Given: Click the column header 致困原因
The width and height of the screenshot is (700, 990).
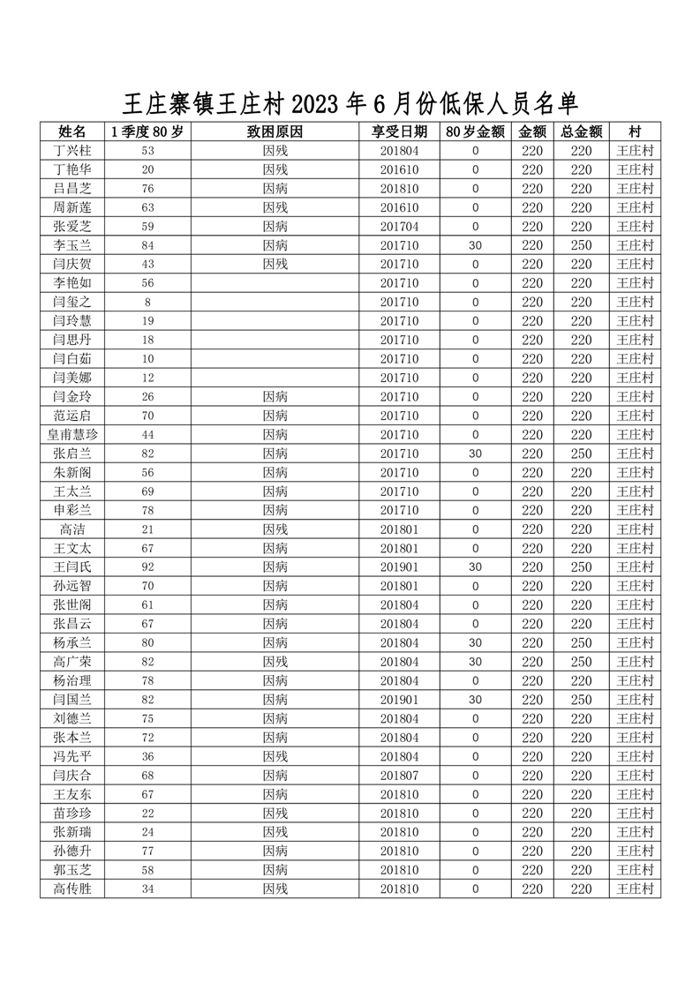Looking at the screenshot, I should [x=275, y=131].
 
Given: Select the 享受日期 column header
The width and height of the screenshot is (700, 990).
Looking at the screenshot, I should [x=399, y=131].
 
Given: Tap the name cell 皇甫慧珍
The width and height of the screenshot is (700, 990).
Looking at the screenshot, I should [x=72, y=434].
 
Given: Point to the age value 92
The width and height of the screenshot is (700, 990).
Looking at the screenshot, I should [x=147, y=566].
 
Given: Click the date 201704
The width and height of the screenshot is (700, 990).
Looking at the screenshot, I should [x=399, y=226].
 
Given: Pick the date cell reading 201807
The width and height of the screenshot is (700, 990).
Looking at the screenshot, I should [x=399, y=775].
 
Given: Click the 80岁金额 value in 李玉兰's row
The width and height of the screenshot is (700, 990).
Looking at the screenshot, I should [x=475, y=245].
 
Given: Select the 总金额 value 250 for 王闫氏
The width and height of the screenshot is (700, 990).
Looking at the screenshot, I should [x=581, y=566].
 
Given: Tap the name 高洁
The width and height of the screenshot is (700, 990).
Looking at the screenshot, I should [x=72, y=529].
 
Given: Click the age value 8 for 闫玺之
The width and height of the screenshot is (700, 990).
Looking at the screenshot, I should [x=147, y=302].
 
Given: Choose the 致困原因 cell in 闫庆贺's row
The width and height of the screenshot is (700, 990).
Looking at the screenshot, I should [x=275, y=264].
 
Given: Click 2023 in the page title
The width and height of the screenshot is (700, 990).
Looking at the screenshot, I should [x=315, y=104].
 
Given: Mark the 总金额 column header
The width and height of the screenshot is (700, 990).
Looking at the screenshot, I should [x=581, y=131].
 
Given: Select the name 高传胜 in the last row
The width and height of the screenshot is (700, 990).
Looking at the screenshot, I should [x=72, y=889].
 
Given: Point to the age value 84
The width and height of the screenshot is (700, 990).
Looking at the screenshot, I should [x=147, y=245].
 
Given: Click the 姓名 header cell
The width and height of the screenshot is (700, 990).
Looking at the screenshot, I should [x=72, y=131].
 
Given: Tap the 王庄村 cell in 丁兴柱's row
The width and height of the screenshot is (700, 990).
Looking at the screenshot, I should [x=635, y=150].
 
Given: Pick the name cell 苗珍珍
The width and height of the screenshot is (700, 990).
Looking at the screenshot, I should [x=72, y=813].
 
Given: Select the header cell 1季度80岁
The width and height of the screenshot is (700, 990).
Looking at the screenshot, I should [x=147, y=131].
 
